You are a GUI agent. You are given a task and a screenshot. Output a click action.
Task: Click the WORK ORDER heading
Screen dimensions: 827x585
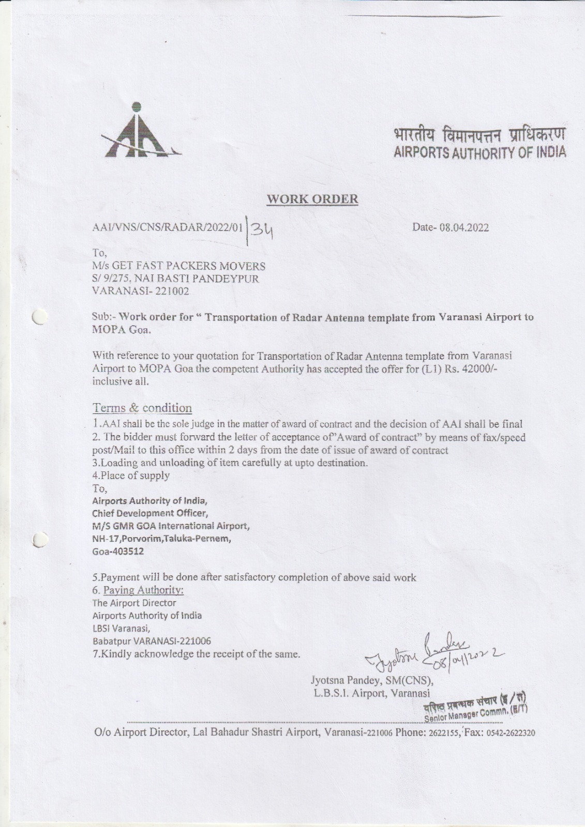312,199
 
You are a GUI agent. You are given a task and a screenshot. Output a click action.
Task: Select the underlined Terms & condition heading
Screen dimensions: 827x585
142,408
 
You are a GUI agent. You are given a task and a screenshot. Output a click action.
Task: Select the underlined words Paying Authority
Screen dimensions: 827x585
144,590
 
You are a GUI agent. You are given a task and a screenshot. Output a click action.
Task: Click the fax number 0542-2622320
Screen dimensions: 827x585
510,733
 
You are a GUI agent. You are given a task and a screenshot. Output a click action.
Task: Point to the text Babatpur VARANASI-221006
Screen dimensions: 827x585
152,641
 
